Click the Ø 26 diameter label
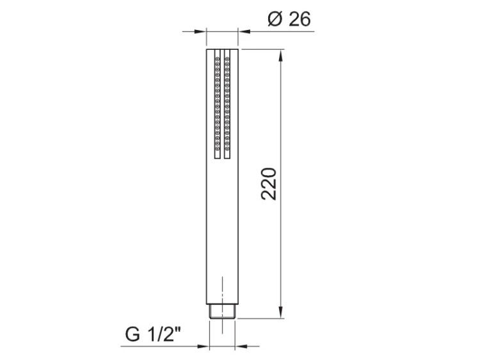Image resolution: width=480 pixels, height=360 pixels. [x=289, y=19]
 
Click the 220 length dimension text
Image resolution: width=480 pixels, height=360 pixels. [x=269, y=184]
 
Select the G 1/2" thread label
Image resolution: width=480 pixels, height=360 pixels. [x=153, y=334]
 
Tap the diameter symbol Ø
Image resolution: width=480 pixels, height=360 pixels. [x=275, y=19]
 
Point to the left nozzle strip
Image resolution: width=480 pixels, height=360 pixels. [x=218, y=104]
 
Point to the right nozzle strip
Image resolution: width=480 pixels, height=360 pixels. [x=227, y=104]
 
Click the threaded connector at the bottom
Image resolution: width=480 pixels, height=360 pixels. [x=222, y=311]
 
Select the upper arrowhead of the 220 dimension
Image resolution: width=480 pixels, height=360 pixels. [x=281, y=56]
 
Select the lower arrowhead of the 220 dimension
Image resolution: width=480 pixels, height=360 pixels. [x=281, y=311]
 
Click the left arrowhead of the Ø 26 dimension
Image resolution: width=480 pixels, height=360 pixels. [x=200, y=31]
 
